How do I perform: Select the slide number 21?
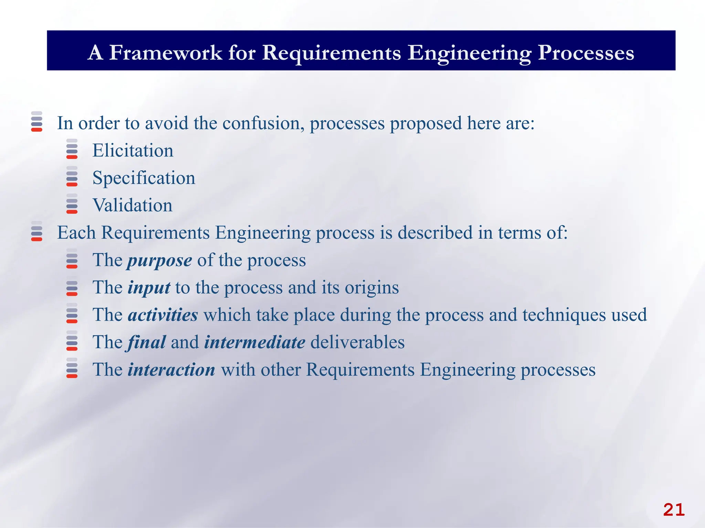674,510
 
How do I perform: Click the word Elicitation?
133,151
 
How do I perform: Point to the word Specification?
144,178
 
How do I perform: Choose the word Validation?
133,205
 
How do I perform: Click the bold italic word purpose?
160,261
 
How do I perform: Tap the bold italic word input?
149,288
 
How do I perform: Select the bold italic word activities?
163,315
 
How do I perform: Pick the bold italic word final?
147,342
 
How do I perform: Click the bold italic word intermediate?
255,342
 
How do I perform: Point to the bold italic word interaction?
171,370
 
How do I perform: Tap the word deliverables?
357,342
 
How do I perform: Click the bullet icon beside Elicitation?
72,149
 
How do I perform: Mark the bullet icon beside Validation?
72,203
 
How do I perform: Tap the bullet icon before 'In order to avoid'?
37,121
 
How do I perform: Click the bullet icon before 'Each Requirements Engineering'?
37,231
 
